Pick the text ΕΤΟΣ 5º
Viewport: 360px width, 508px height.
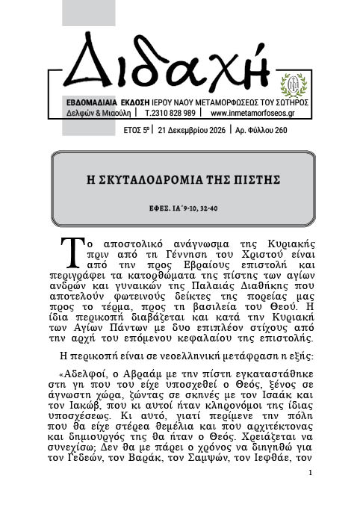(x=135, y=129)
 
